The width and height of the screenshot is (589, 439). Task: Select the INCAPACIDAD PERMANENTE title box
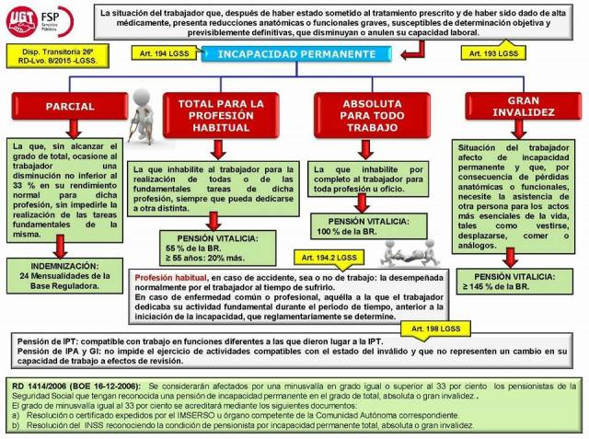tap(296, 54)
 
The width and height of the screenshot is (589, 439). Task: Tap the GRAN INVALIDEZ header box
tap(517, 105)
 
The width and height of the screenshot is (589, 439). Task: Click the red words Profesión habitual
tap(170, 277)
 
